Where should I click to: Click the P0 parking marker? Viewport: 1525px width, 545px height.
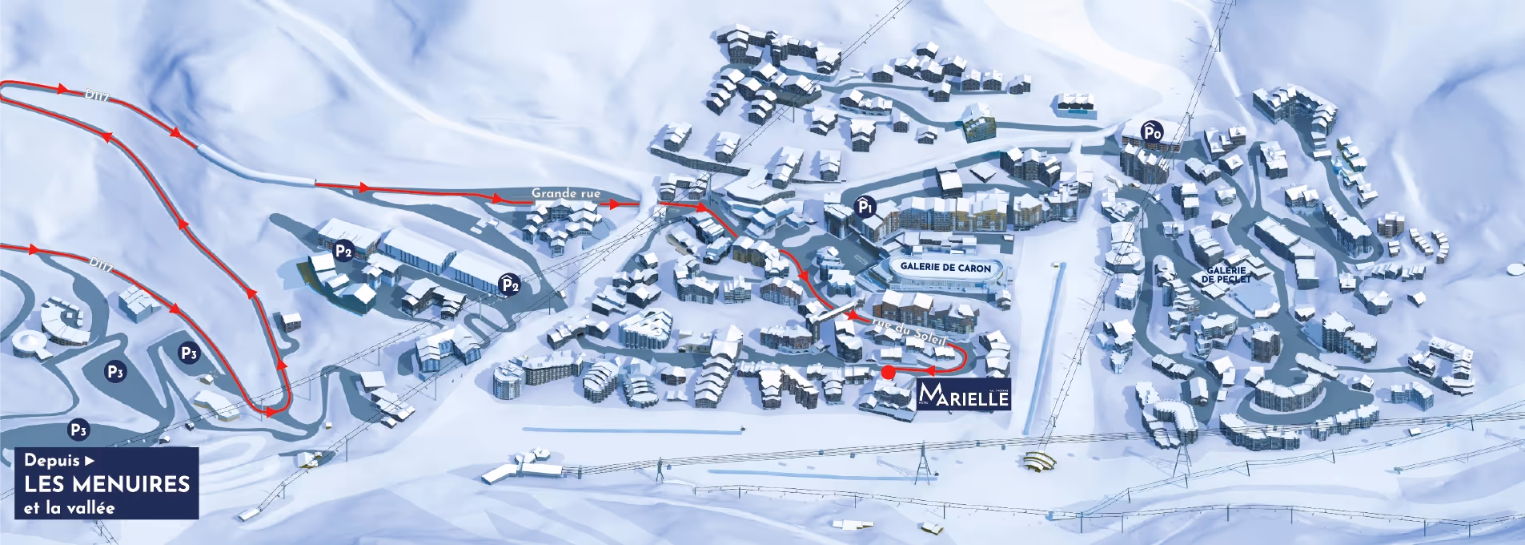point(1151,132)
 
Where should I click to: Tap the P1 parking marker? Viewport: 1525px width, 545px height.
point(865,207)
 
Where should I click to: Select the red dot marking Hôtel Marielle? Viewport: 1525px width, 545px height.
point(887,372)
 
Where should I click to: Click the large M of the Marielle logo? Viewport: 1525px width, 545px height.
point(930,394)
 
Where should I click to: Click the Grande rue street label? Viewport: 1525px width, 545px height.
point(565,193)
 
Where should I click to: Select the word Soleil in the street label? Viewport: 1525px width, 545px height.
point(929,337)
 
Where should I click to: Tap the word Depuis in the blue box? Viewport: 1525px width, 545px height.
point(52,460)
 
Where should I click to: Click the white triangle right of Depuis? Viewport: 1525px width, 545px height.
point(90,461)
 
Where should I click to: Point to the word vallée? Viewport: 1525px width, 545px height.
point(90,508)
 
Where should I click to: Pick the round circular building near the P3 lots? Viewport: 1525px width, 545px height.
point(29,344)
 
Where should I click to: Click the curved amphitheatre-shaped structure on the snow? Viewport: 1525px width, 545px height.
point(1039,462)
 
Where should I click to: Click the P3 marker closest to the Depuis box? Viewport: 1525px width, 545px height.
point(78,430)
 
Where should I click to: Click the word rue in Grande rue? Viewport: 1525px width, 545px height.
point(589,193)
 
